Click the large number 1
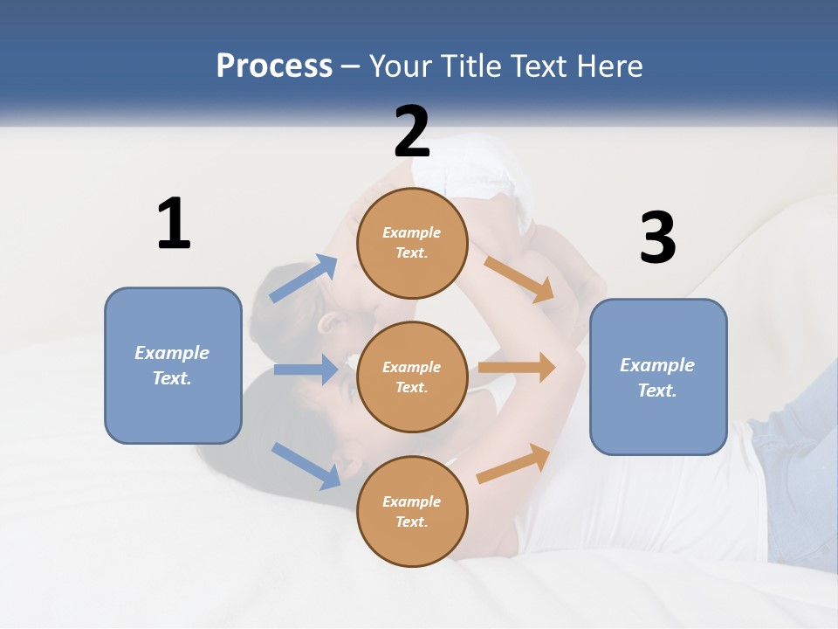[174, 225]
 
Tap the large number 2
[412, 131]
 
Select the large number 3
[657, 238]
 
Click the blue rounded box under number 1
[173, 365]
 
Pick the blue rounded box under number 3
[658, 377]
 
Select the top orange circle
[412, 243]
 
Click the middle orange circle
[412, 377]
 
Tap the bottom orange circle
[412, 511]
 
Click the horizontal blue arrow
[306, 370]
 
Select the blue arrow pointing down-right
[306, 465]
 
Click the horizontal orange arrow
[517, 368]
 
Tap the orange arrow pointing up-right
[514, 463]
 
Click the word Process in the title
[274, 66]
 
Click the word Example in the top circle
[412, 232]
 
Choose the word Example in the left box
[172, 353]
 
